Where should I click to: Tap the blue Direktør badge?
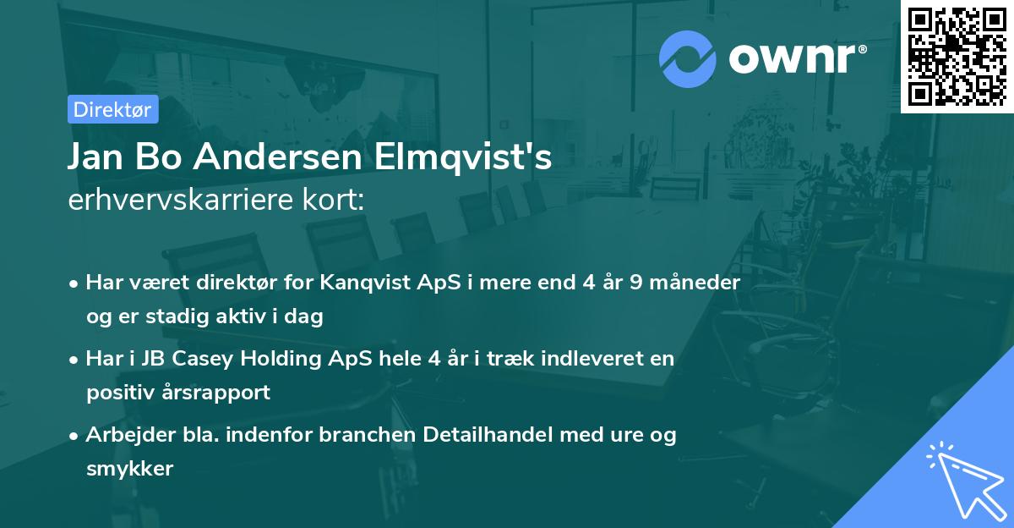coord(112,109)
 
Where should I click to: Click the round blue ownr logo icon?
coord(686,58)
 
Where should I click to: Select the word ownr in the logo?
coord(790,58)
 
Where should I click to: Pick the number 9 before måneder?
coord(635,283)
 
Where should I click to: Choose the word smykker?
coord(129,468)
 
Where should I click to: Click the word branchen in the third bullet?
coord(319,435)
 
